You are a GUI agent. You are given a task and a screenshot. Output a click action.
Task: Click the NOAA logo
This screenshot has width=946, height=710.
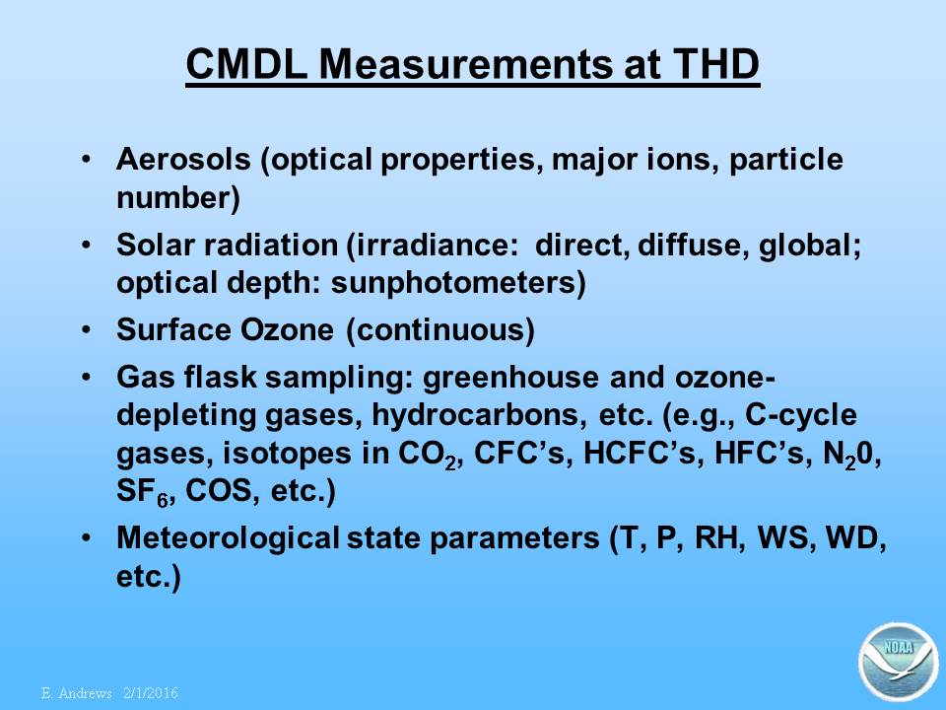pyautogui.click(x=899, y=661)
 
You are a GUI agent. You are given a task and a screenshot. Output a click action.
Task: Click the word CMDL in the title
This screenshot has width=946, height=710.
pyautogui.click(x=246, y=63)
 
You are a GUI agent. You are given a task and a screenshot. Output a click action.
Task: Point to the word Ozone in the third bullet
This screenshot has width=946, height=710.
pyautogui.click(x=287, y=329)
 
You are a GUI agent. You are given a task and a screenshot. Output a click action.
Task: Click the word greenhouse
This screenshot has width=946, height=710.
pyautogui.click(x=510, y=378)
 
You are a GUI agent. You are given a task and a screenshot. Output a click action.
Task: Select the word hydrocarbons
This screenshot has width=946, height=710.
pyautogui.click(x=477, y=415)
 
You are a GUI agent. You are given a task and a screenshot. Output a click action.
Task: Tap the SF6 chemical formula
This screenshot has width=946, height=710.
pyautogui.click(x=142, y=491)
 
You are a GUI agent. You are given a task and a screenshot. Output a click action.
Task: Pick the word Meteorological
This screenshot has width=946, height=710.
pyautogui.click(x=228, y=538)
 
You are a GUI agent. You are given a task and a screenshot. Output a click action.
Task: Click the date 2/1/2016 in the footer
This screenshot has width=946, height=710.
pyautogui.click(x=151, y=693)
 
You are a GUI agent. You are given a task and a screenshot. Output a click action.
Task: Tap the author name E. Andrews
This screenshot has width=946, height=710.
pyautogui.click(x=77, y=693)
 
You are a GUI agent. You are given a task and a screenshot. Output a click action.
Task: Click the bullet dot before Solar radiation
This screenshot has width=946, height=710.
pyautogui.click(x=87, y=246)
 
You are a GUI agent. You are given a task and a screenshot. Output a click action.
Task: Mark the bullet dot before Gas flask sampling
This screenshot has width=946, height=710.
pyautogui.click(x=87, y=378)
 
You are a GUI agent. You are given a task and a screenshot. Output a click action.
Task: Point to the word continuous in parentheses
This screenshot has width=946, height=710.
pyautogui.click(x=441, y=330)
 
